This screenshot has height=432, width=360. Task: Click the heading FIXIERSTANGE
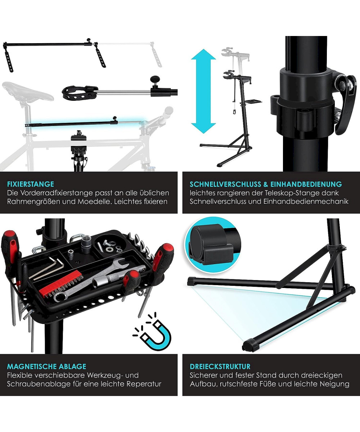click(31, 184)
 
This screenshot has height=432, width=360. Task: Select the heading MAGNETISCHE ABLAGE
click(46, 366)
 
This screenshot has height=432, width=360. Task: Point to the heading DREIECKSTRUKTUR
click(220, 366)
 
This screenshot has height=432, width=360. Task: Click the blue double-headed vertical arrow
click(203, 91)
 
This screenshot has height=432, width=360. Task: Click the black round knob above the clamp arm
click(154, 80)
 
